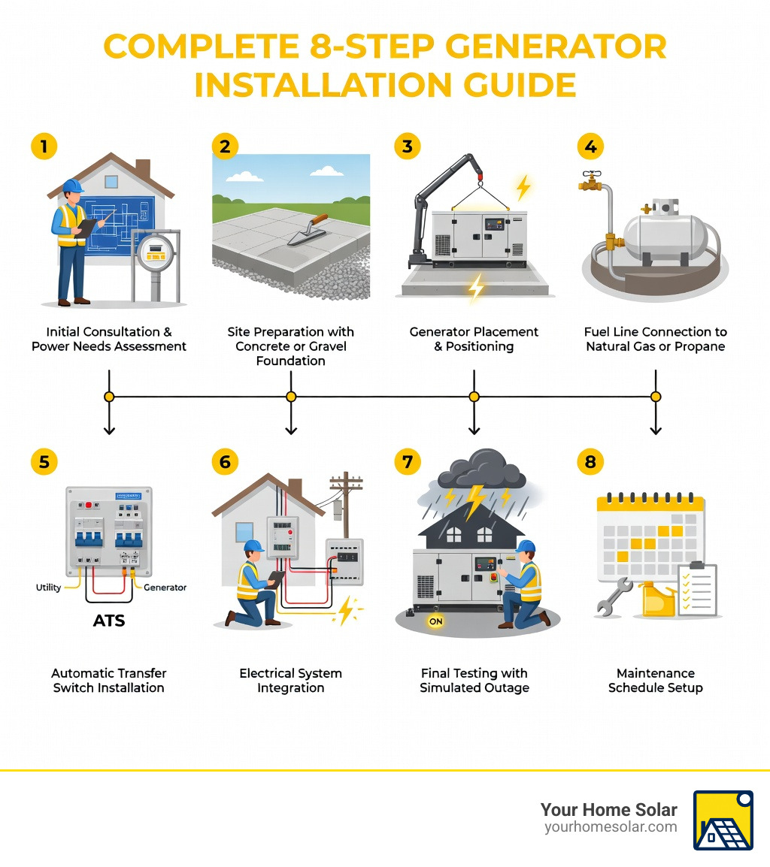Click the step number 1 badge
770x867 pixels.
click(x=44, y=147)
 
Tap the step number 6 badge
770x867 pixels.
click(x=225, y=461)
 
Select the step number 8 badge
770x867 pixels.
click(x=590, y=461)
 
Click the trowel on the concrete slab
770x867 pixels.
click(x=308, y=229)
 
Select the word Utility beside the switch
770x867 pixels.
click(x=49, y=588)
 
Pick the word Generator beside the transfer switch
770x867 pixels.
click(x=165, y=588)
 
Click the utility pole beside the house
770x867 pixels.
click(x=345, y=503)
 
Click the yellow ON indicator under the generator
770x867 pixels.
click(x=435, y=621)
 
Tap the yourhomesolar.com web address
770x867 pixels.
click(x=610, y=827)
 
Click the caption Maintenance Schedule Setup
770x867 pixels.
click(x=655, y=680)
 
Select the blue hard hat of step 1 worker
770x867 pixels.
click(x=72, y=186)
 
